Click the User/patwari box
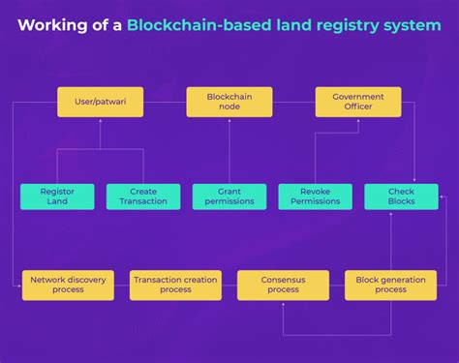click(x=101, y=102)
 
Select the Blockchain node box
click(x=229, y=102)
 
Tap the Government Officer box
click(x=358, y=102)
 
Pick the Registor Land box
click(x=57, y=197)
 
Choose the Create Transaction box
click(x=143, y=197)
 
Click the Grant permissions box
click(x=229, y=197)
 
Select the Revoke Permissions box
click(x=316, y=197)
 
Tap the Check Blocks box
click(x=401, y=197)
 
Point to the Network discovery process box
click(x=68, y=285)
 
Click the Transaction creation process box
click(x=175, y=285)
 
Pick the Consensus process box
click(x=283, y=285)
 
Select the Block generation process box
click(x=390, y=285)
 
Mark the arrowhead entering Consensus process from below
click(x=283, y=303)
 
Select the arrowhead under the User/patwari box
click(x=101, y=121)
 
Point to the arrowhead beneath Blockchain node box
click(x=229, y=121)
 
